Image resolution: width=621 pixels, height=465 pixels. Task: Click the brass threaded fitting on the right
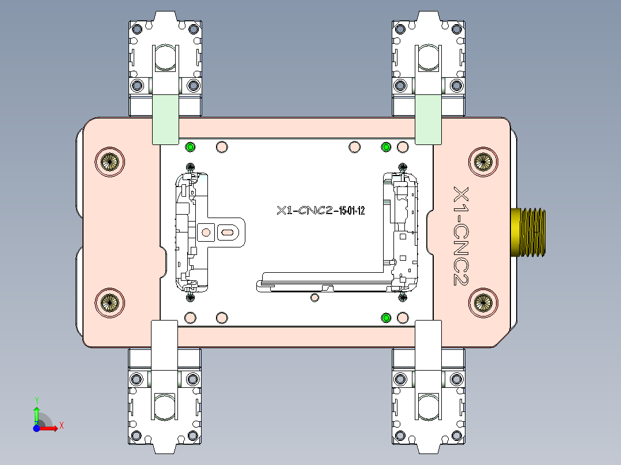point(528,231)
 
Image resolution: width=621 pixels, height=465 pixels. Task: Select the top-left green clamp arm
point(164,119)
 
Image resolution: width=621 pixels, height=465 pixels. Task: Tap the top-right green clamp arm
point(428,119)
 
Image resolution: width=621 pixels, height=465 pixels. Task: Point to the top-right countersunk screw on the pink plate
point(482,162)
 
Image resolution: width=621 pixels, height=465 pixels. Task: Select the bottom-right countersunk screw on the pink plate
point(482,302)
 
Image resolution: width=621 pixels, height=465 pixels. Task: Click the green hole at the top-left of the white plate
point(190,147)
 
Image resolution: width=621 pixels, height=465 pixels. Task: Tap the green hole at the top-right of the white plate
point(386,147)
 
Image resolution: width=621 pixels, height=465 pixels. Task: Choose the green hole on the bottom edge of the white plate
point(386,318)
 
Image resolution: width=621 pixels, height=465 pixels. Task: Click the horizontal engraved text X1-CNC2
point(305,211)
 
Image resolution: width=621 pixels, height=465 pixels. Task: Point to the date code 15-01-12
point(351,211)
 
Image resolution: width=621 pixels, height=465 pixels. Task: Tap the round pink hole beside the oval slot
point(205,232)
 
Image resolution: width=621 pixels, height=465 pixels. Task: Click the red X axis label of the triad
point(61,426)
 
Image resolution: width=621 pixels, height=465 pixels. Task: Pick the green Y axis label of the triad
point(36,399)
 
